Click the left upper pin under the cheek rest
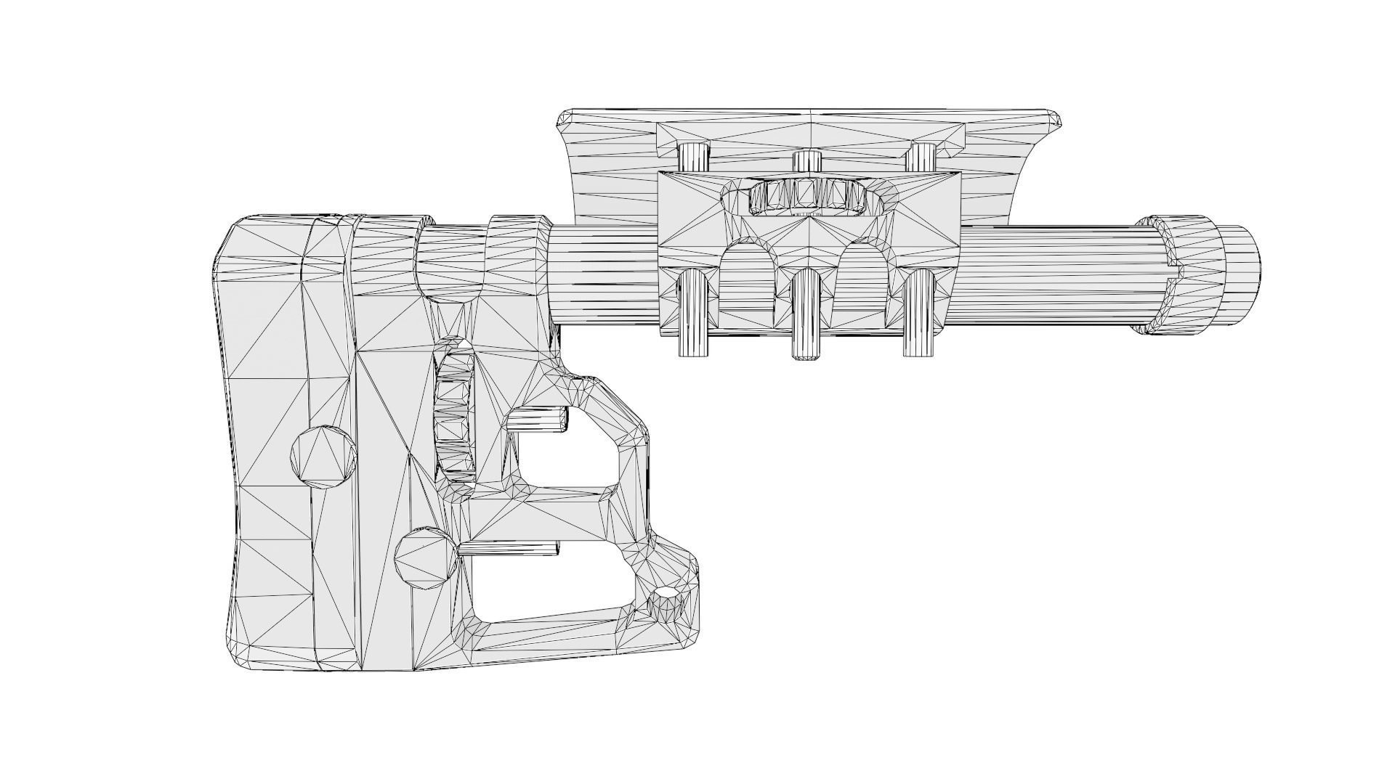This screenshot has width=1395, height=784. coord(694,156)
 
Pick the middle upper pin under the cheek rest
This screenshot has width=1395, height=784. coord(806,160)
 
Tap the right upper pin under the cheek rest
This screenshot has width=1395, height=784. coord(923,156)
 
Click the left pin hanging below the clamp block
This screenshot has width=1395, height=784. coord(693,313)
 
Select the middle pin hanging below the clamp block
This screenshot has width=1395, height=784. coord(806,316)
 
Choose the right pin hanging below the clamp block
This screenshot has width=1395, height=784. coord(918,313)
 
